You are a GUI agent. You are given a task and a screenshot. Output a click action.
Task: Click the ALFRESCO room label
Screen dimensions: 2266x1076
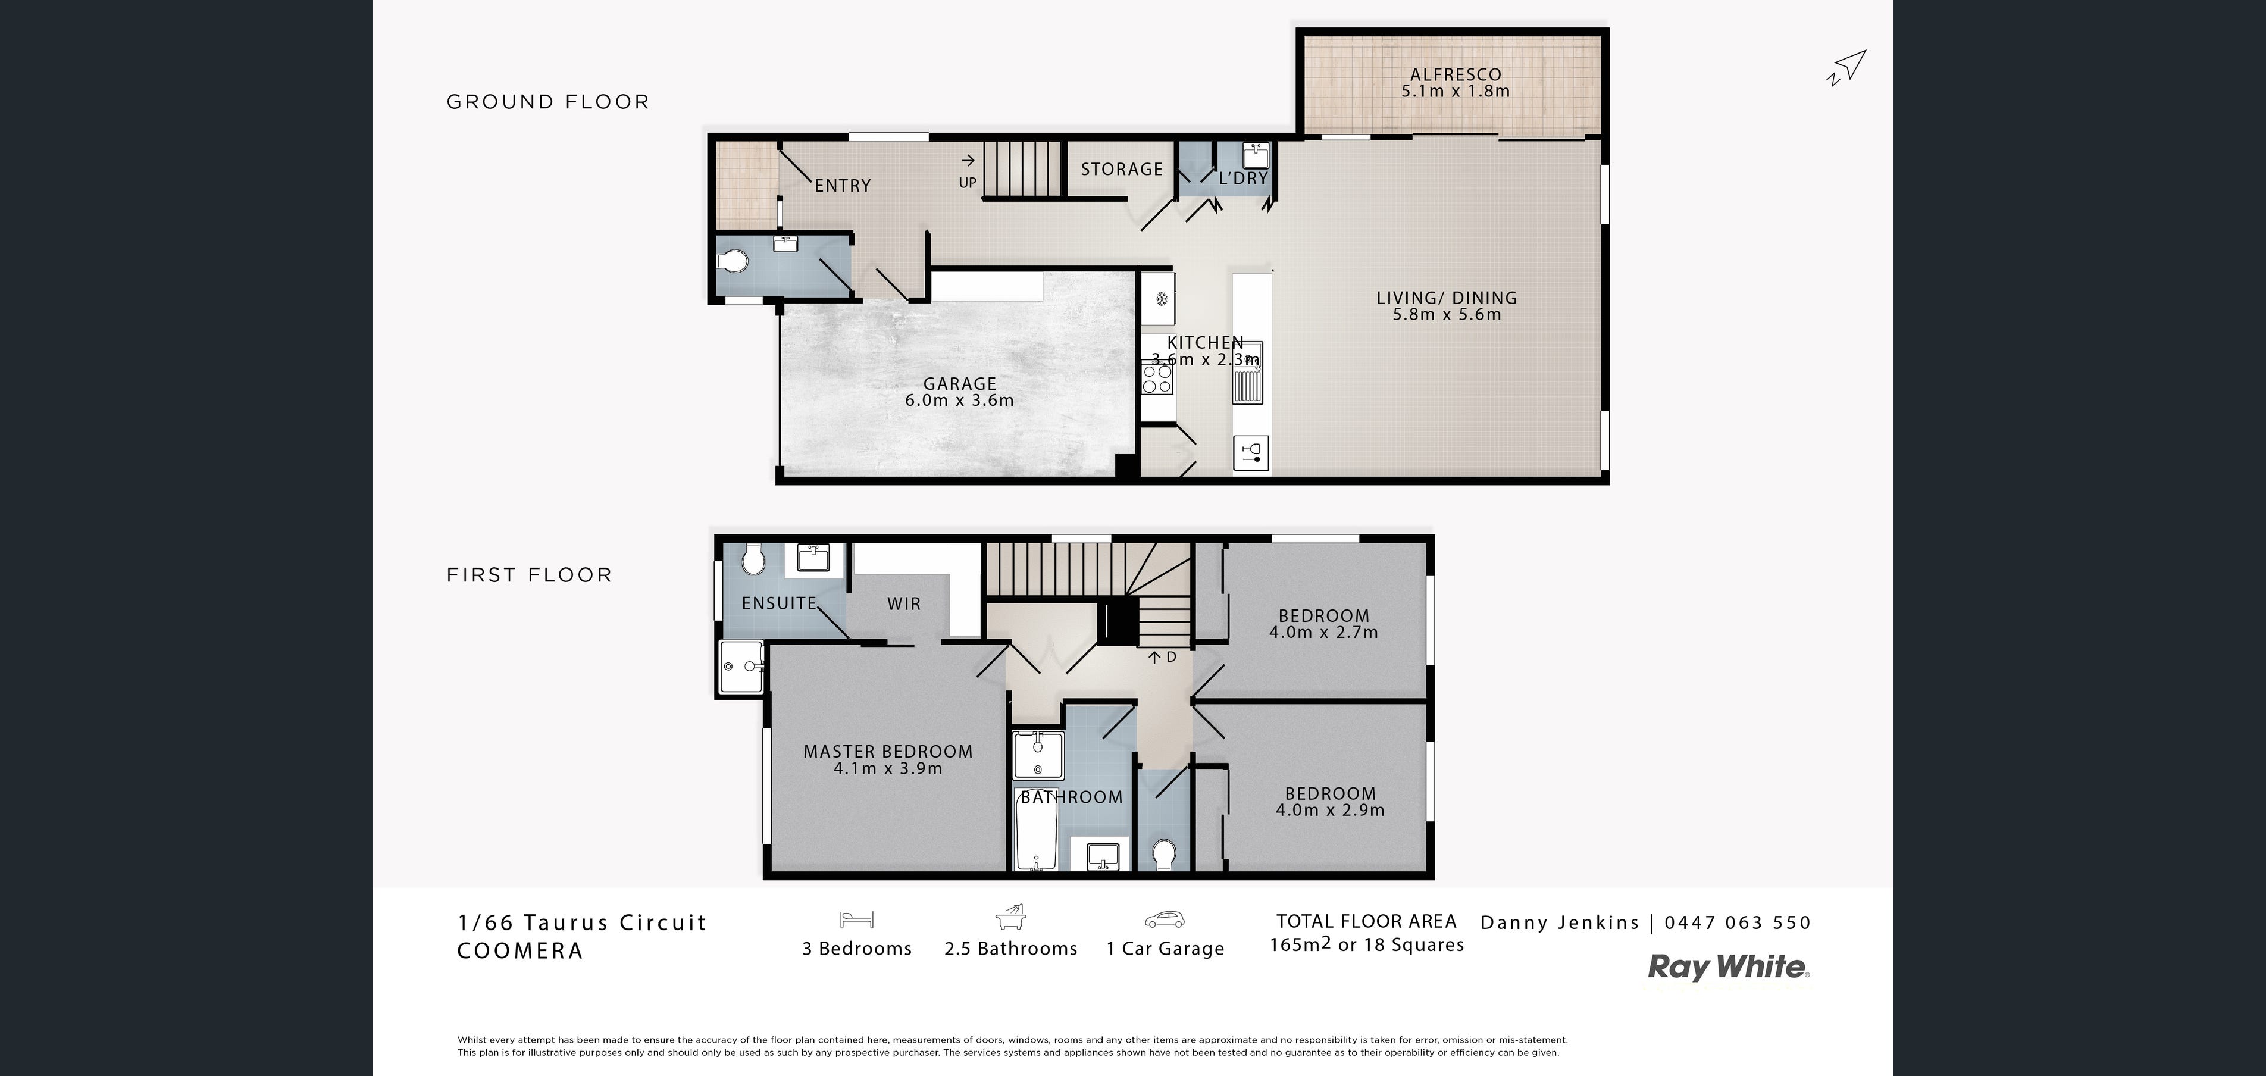coord(1456,75)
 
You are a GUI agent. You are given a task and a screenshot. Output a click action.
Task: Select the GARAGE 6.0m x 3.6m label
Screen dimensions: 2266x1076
coord(960,392)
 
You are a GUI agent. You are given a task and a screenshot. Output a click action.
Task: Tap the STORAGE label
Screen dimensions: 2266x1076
coord(1122,169)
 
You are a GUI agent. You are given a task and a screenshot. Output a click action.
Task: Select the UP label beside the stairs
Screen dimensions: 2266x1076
coord(968,183)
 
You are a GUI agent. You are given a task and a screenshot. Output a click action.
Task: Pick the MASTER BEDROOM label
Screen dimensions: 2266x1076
coord(888,751)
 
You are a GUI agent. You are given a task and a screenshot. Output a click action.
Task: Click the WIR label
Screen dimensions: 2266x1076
coord(904,603)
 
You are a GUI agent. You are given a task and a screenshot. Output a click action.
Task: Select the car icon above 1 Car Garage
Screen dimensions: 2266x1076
coord(1165,919)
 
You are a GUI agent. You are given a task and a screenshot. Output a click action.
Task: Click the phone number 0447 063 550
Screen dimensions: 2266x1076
coord(1738,923)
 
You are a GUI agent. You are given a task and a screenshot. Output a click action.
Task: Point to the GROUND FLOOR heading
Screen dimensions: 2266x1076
coord(548,102)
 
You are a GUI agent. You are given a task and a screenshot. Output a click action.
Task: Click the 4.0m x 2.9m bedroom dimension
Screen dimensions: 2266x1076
coord(1330,811)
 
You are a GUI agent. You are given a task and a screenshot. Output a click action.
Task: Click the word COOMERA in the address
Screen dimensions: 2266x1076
coord(520,951)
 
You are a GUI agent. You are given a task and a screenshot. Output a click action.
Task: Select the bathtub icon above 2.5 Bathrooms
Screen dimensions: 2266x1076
coord(1011,918)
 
